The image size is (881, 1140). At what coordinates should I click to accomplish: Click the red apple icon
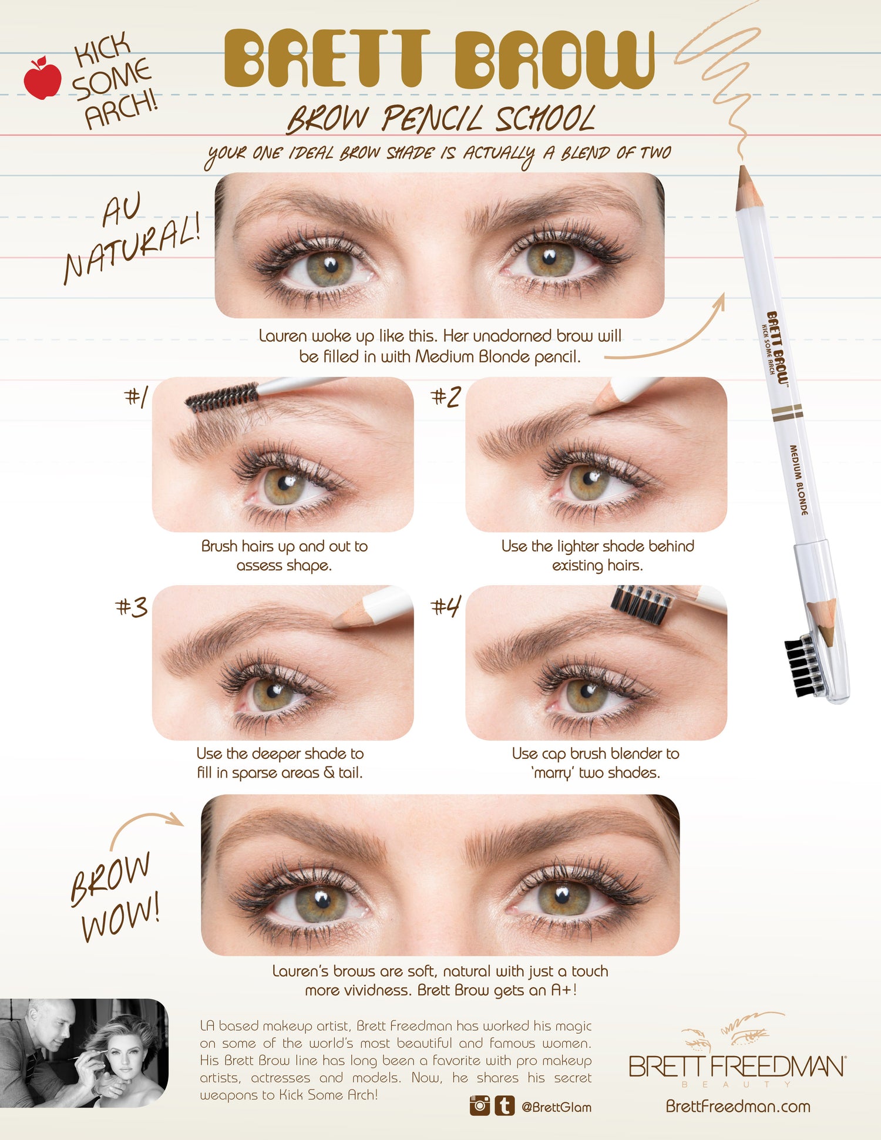point(42,79)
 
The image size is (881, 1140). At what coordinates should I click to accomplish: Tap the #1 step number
point(136,397)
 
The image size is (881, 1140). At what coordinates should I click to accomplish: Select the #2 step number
point(445,397)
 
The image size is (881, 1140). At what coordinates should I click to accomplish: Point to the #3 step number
point(131,607)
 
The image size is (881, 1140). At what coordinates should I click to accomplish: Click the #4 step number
point(445,606)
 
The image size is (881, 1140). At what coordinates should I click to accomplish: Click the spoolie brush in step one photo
point(222,398)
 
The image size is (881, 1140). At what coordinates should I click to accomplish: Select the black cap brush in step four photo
point(641,604)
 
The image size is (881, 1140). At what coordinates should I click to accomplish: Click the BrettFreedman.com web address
point(738,1107)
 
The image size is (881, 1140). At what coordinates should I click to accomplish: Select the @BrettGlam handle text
point(556,1107)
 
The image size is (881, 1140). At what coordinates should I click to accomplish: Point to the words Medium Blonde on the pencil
point(798,480)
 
